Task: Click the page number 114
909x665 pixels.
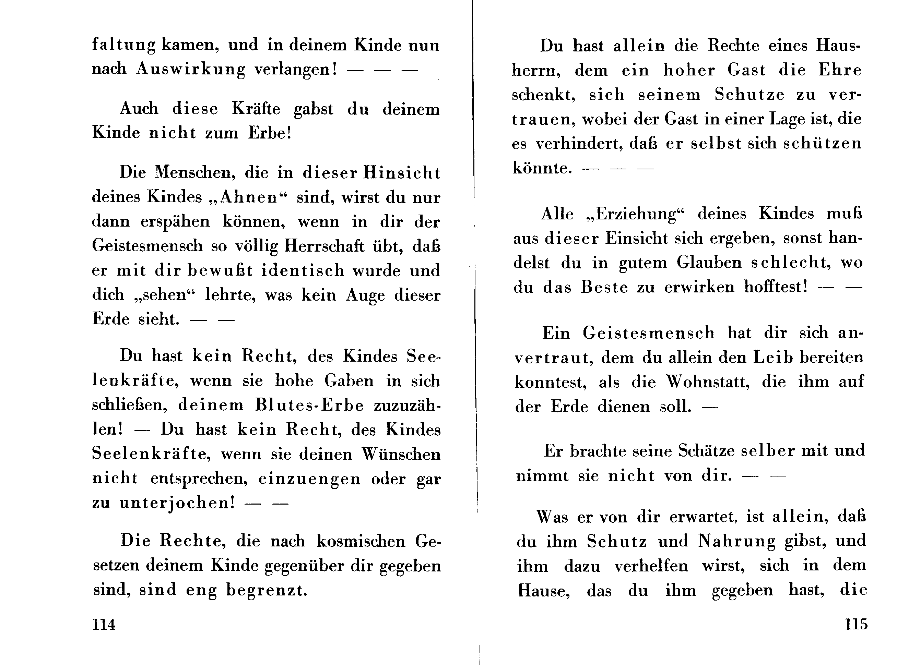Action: click(104, 624)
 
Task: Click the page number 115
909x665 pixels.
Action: click(856, 624)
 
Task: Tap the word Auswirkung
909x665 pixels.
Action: click(190, 69)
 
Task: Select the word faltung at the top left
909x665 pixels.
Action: click(123, 45)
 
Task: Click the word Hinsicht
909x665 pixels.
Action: click(402, 173)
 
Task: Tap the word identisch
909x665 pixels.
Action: click(303, 270)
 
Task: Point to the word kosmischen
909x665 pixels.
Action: click(361, 541)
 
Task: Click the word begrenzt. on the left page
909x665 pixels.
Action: click(267, 590)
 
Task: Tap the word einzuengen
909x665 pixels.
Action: click(309, 479)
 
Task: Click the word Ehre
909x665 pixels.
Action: click(839, 70)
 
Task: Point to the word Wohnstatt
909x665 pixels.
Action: click(708, 382)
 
